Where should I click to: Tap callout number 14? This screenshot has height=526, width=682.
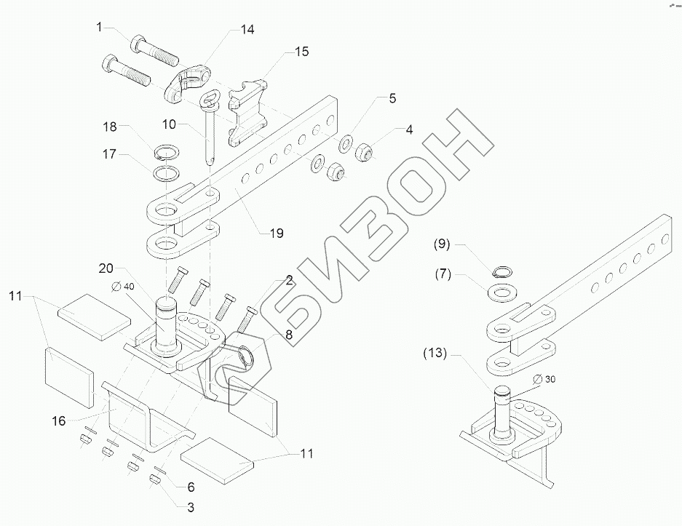(x=247, y=30)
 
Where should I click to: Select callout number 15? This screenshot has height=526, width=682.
(x=301, y=52)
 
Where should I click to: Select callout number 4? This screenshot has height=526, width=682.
(x=409, y=130)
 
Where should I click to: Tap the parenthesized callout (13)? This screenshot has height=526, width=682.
(x=435, y=354)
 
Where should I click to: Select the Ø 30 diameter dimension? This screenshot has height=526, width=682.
(x=546, y=378)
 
